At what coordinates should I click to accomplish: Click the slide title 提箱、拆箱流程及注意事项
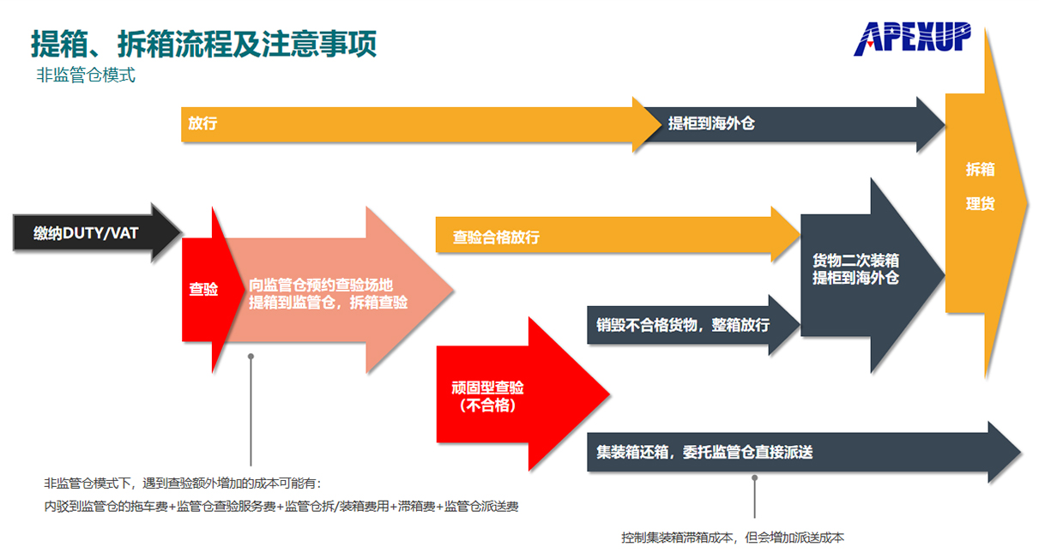204,43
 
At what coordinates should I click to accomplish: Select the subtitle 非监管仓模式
86,75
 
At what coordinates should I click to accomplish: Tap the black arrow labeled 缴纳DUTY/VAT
86,232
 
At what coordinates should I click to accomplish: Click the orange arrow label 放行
203,123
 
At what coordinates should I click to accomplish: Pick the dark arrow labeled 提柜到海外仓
711,123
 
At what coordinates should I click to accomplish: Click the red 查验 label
203,290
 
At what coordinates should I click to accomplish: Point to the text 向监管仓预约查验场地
321,285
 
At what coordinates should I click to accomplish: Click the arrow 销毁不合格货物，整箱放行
683,326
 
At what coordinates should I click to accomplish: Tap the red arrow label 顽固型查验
487,388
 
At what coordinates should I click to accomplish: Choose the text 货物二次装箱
855,261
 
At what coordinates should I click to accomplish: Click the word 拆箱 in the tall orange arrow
980,170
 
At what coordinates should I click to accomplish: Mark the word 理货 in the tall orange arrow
980,205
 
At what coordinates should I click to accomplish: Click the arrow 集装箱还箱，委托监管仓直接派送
704,452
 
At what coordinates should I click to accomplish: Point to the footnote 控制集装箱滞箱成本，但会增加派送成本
733,538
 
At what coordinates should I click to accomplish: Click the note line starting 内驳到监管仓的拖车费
281,507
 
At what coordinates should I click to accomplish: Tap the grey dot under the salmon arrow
251,355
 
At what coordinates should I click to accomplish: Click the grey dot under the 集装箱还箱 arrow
755,478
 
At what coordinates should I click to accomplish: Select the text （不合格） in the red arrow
487,406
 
